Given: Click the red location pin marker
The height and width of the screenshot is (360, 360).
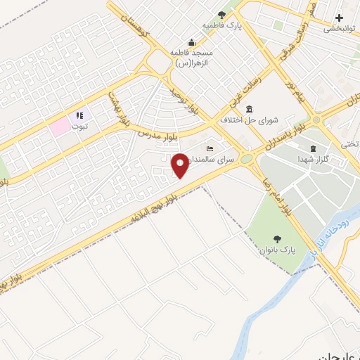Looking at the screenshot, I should (x=180, y=165).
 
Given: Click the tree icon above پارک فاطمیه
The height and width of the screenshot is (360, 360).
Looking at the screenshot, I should (x=222, y=13).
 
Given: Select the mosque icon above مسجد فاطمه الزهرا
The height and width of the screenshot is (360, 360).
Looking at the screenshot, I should (x=191, y=41).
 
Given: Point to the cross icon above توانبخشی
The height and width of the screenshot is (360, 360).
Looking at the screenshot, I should (x=339, y=17).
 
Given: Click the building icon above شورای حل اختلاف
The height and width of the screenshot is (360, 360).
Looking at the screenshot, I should (x=250, y=108).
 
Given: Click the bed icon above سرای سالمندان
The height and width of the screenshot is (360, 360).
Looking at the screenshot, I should (x=210, y=149).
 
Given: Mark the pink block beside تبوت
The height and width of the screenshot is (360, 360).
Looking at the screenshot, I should (x=59, y=126).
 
